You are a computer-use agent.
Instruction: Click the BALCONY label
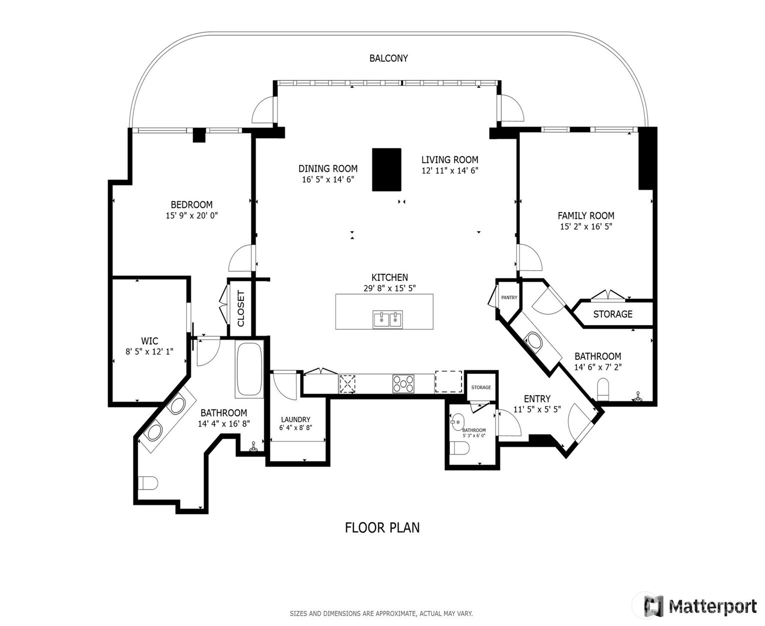pyautogui.click(x=388, y=58)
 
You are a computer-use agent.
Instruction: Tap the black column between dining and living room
pyautogui.click(x=386, y=169)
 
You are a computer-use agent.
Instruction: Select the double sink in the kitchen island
pyautogui.click(x=387, y=319)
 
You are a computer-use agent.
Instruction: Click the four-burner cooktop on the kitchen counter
pyautogui.click(x=403, y=384)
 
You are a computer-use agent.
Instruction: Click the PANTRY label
pyautogui.click(x=509, y=297)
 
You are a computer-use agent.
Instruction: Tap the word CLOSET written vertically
pyautogui.click(x=241, y=308)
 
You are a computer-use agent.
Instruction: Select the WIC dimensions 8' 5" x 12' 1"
pyautogui.click(x=149, y=351)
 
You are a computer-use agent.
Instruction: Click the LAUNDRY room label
pyautogui.click(x=295, y=419)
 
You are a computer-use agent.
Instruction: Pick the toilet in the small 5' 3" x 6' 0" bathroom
pyautogui.click(x=459, y=449)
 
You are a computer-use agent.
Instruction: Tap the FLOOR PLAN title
pyautogui.click(x=382, y=528)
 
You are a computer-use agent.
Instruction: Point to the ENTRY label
pyautogui.click(x=537, y=399)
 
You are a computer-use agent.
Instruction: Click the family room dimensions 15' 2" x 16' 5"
pyautogui.click(x=586, y=226)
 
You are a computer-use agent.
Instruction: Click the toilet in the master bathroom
pyautogui.click(x=148, y=483)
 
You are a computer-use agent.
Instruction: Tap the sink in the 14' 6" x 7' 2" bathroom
pyautogui.click(x=533, y=341)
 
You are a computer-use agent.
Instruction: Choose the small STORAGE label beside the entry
pyautogui.click(x=481, y=388)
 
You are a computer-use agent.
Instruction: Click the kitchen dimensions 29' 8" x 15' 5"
pyautogui.click(x=389, y=288)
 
